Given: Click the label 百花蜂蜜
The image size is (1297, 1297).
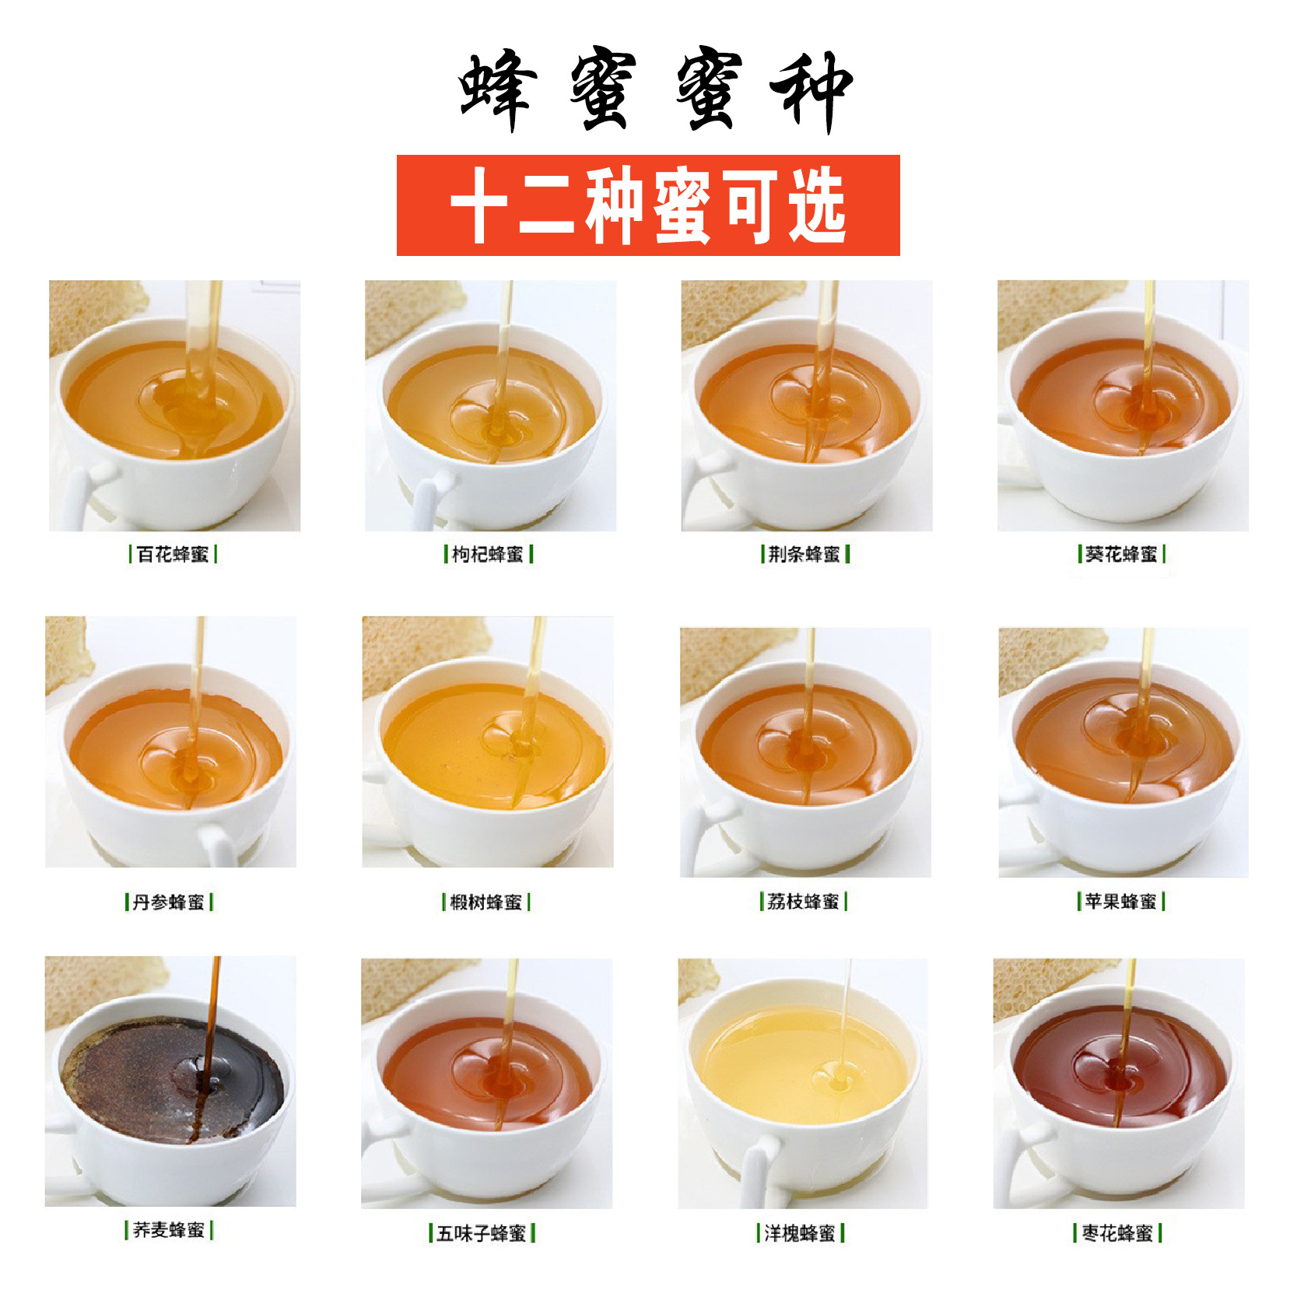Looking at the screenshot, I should [x=172, y=554].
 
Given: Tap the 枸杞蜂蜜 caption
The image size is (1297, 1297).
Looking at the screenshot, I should [x=488, y=554].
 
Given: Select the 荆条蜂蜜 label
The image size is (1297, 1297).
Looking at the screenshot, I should [x=804, y=554].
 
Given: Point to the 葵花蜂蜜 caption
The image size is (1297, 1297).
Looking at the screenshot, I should [x=1121, y=554].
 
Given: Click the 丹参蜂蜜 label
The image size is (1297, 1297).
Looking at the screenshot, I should [x=168, y=902].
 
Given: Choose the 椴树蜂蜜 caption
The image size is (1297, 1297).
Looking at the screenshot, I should [x=485, y=902].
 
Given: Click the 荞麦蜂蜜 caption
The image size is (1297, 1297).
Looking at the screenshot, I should [x=168, y=1230].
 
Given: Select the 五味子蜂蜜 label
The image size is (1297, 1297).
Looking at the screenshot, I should [x=482, y=1233].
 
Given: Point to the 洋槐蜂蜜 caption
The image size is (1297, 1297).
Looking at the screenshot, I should [x=800, y=1233].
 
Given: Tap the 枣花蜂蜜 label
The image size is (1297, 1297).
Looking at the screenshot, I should [x=1117, y=1233].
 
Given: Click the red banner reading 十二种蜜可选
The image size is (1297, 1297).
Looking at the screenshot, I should [x=648, y=205].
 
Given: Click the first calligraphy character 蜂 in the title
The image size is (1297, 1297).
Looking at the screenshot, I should [x=499, y=89].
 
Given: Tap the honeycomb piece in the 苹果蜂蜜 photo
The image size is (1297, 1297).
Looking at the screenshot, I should [x=1043, y=657].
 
